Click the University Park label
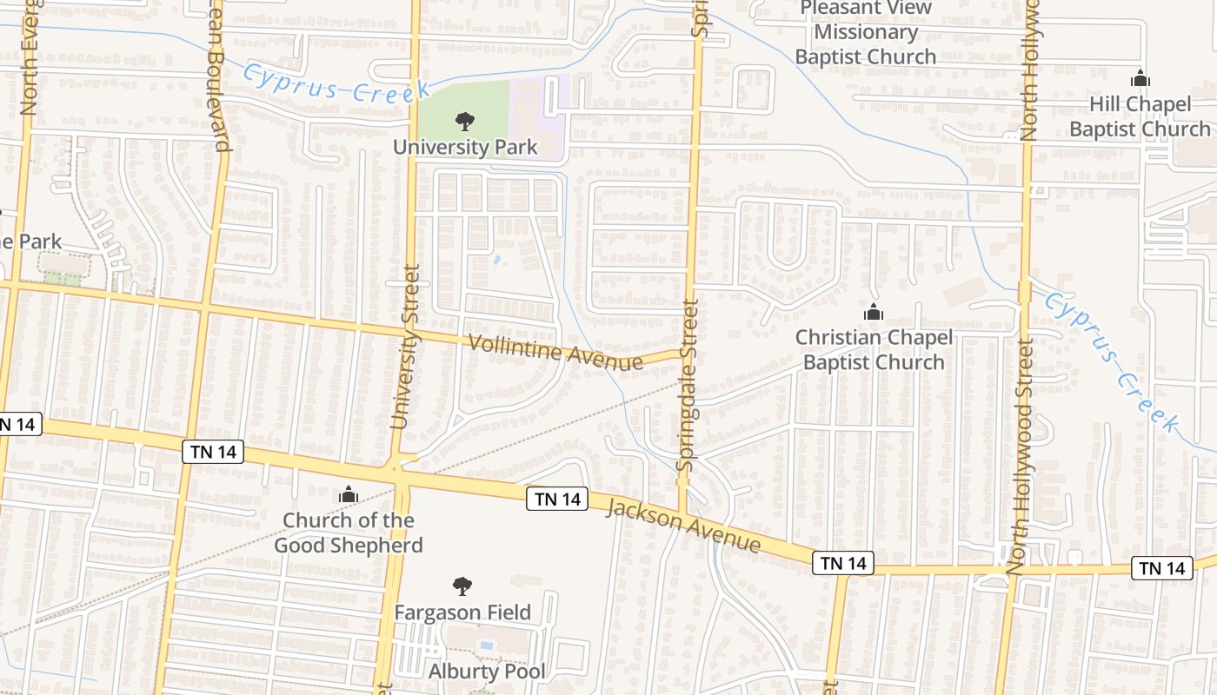465,147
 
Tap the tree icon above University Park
465,122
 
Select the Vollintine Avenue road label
556,351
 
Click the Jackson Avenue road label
683,525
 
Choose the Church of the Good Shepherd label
349,533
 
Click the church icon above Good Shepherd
349,495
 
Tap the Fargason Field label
462,612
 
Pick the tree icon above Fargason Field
462,586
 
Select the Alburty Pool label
487,672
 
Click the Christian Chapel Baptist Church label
874,349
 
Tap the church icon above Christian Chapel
874,312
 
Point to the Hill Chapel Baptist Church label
1140,116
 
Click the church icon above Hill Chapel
1141,79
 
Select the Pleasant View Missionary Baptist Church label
866,33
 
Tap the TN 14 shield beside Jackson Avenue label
557,499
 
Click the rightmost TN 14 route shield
1162,568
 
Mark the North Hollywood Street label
1019,457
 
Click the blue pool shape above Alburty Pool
487,645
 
